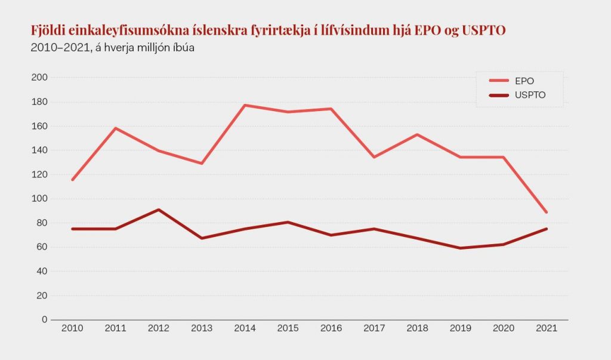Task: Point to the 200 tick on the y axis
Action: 39,78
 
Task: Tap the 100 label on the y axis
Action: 39,199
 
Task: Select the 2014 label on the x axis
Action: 245,329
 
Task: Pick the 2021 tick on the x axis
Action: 547,329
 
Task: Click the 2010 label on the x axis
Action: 72,329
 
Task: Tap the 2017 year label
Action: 374,329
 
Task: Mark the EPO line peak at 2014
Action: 245,105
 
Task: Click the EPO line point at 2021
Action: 547,213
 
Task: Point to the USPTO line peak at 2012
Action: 158,210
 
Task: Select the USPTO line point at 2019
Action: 461,248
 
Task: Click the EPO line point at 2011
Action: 115,128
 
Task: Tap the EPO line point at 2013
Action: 202,164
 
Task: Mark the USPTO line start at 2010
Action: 72,229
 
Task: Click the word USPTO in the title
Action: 484,30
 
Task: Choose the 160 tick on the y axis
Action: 39,126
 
